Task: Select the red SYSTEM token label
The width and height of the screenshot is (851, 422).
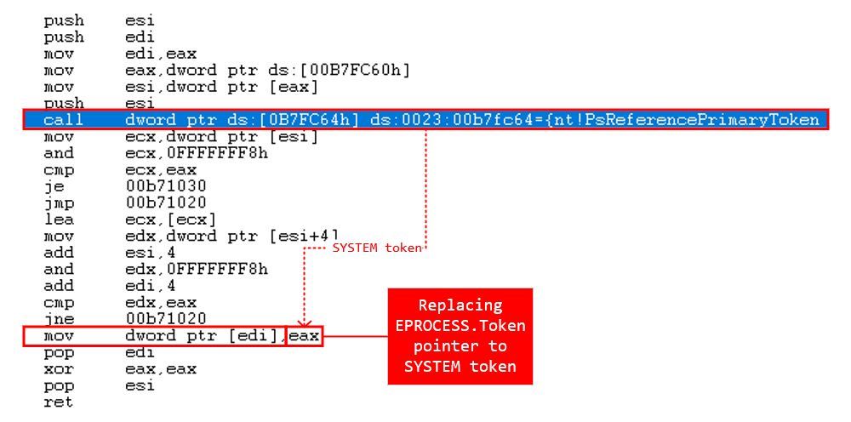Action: coord(376,248)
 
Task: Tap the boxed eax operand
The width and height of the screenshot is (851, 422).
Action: coord(304,336)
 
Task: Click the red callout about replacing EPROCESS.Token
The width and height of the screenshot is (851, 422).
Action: coord(460,336)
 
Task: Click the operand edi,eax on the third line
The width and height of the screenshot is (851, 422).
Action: coord(162,54)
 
